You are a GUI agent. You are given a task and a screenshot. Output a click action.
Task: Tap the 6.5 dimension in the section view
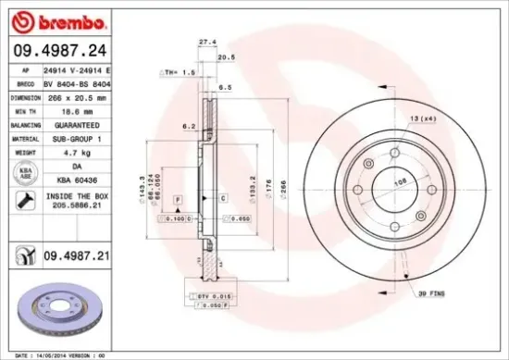224,88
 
